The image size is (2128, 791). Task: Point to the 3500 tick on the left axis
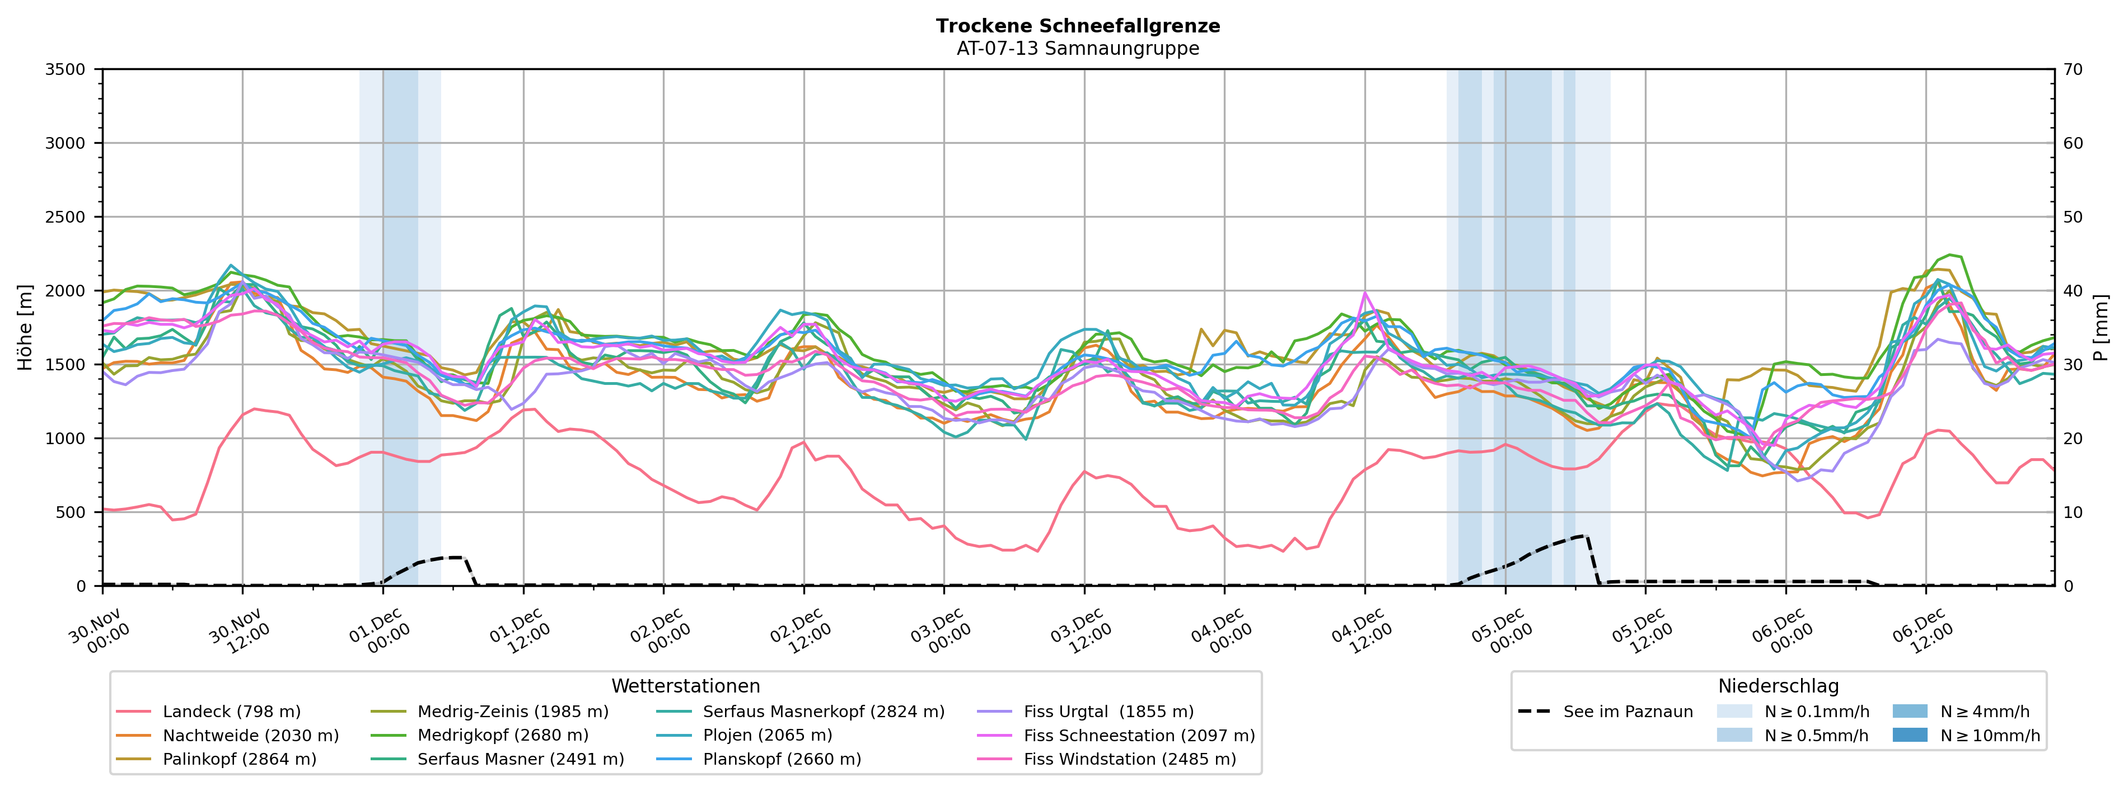(66, 69)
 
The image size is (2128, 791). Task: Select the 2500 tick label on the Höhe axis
(66, 217)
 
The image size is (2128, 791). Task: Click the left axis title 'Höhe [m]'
(25, 327)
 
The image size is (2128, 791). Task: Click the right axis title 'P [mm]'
(2101, 327)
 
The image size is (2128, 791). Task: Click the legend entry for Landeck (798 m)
(231, 712)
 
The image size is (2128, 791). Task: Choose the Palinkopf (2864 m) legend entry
(240, 759)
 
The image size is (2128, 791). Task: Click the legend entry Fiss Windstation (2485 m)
(1129, 759)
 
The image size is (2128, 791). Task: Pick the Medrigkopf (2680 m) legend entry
(502, 735)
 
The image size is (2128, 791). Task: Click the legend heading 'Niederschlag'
(1778, 686)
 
